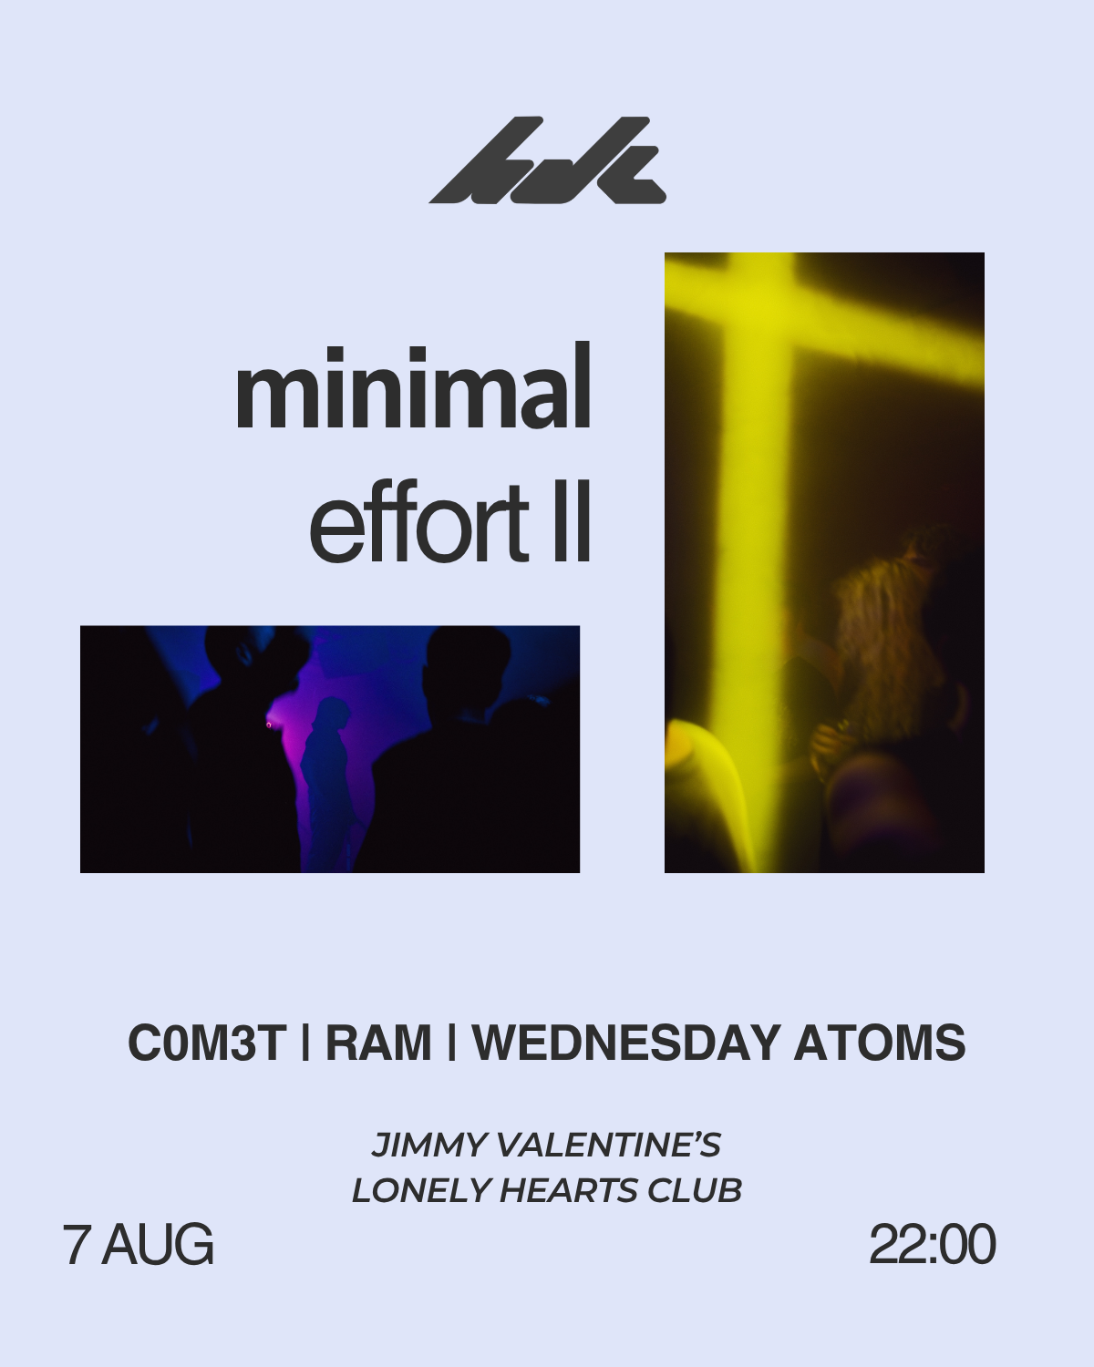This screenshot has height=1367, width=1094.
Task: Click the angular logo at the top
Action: (x=547, y=160)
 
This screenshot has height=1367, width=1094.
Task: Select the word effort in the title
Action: (x=418, y=521)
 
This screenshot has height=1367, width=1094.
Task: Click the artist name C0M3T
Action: (x=207, y=1043)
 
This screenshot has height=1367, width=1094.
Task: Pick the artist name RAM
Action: (x=378, y=1043)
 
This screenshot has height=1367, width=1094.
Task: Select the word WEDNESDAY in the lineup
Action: (x=626, y=1043)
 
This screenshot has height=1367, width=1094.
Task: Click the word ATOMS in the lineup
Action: (x=880, y=1043)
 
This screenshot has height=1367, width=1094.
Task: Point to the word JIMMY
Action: (x=429, y=1145)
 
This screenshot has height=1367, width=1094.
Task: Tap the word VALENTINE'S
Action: (x=609, y=1145)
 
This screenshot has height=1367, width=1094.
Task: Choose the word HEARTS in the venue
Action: (x=568, y=1190)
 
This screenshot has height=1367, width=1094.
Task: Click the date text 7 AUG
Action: (x=138, y=1244)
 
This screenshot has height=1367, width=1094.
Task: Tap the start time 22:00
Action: (x=932, y=1244)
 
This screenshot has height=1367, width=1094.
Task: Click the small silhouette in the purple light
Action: (x=327, y=781)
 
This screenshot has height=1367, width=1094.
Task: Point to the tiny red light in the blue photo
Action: (x=268, y=725)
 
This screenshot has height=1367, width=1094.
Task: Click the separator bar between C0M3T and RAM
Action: (x=305, y=1043)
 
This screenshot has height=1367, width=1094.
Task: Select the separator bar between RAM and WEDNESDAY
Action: (x=451, y=1043)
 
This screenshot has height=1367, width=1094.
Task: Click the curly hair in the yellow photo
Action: (x=890, y=635)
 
